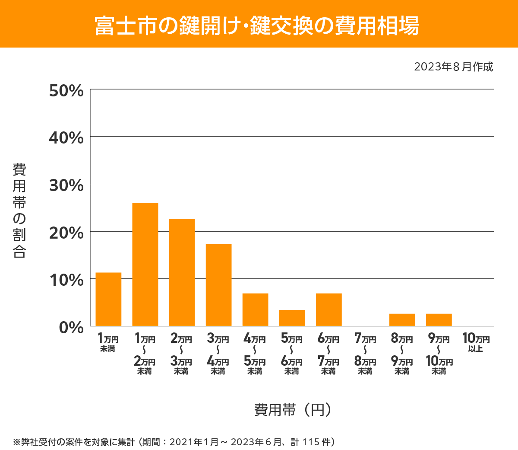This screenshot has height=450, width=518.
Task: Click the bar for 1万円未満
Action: click(x=108, y=299)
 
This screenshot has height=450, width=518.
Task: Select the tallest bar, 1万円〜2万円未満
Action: click(x=145, y=264)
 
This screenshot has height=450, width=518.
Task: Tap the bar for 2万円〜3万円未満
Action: click(x=182, y=272)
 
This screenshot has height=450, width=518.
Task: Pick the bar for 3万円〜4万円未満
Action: click(x=218, y=285)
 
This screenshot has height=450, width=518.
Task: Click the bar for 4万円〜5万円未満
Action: click(x=255, y=310)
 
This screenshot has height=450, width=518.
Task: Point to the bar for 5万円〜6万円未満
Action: click(x=292, y=318)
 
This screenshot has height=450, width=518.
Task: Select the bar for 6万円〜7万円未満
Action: click(x=328, y=310)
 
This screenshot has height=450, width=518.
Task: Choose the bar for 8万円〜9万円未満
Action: click(x=402, y=319)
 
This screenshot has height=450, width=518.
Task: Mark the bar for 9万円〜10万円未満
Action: click(x=439, y=319)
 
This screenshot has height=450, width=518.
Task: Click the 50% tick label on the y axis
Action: click(x=66, y=91)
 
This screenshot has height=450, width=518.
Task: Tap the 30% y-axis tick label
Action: click(x=66, y=185)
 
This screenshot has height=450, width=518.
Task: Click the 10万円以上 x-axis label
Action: click(x=476, y=342)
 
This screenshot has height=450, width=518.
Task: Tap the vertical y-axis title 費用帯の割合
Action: click(x=19, y=211)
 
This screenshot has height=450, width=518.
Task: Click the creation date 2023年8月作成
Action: click(x=453, y=67)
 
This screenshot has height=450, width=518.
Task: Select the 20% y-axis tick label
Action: click(x=66, y=233)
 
